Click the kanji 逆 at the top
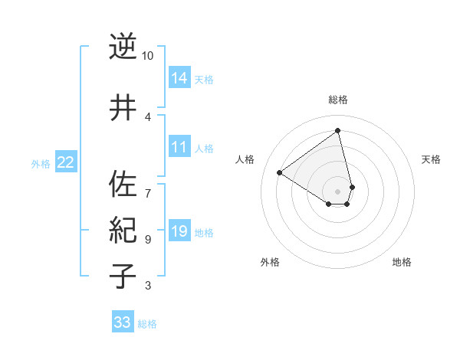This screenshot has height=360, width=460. (x=123, y=47)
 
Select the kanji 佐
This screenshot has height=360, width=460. (x=123, y=184)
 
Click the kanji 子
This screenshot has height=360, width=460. (x=123, y=277)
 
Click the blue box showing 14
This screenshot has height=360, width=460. (x=179, y=78)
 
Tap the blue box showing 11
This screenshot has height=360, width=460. (x=179, y=147)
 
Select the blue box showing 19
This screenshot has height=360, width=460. (x=179, y=231)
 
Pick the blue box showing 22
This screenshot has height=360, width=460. (x=66, y=162)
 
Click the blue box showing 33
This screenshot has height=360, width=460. (x=122, y=322)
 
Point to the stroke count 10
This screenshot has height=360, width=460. (x=148, y=56)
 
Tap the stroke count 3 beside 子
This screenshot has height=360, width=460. (x=148, y=286)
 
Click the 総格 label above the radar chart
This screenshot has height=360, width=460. (x=338, y=100)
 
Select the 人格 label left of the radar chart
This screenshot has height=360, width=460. (x=245, y=159)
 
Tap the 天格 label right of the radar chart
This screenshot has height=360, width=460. (x=431, y=159)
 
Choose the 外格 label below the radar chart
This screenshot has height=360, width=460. (x=270, y=262)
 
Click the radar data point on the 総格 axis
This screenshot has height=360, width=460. (x=338, y=131)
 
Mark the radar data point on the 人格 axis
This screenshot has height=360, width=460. (x=280, y=172)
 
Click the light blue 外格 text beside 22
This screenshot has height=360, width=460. (x=41, y=163)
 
